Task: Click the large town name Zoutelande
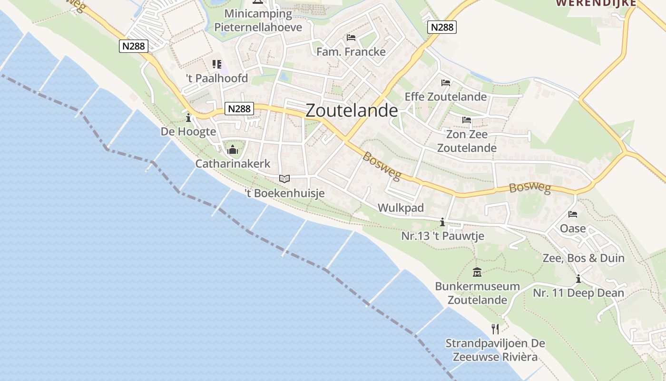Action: coord(352,110)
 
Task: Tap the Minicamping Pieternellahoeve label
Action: coord(258,20)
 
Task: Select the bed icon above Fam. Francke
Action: coord(351,38)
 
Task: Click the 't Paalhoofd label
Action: coord(217,78)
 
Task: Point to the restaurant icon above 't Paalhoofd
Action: coord(217,64)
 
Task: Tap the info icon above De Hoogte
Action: coord(188,117)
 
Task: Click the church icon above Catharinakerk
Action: coord(233,150)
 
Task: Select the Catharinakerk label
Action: coord(233,164)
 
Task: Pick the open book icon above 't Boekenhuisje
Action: coord(284,179)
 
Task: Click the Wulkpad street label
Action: coord(401,208)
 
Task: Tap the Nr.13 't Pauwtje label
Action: coord(442,236)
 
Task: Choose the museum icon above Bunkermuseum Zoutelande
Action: coord(477,272)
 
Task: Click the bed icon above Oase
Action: coord(573,214)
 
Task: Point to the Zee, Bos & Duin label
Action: coord(583,258)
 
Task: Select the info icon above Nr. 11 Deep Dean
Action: coord(578,279)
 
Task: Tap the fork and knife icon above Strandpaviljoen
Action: coord(495,329)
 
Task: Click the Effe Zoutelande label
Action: coord(446,97)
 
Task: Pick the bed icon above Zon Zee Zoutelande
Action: coord(467,120)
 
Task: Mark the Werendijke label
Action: coord(596,3)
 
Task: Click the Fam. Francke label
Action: coord(351,52)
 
